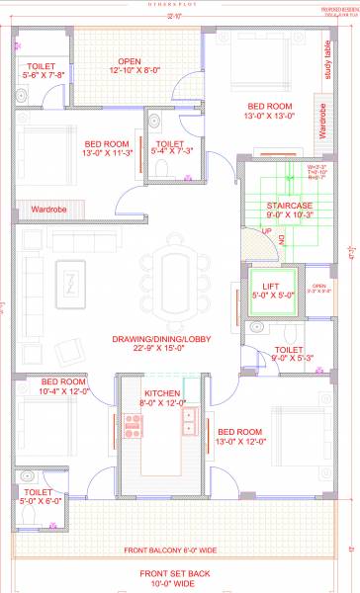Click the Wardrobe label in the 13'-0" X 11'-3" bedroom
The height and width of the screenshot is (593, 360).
click(x=47, y=210)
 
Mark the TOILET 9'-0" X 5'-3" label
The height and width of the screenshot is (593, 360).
click(x=288, y=354)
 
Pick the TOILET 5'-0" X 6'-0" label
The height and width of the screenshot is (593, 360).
click(x=38, y=496)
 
